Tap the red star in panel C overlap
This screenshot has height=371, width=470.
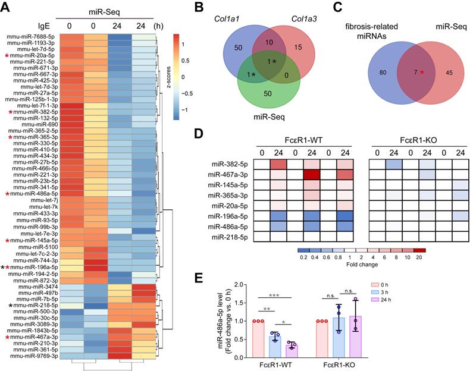tap(406, 72)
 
